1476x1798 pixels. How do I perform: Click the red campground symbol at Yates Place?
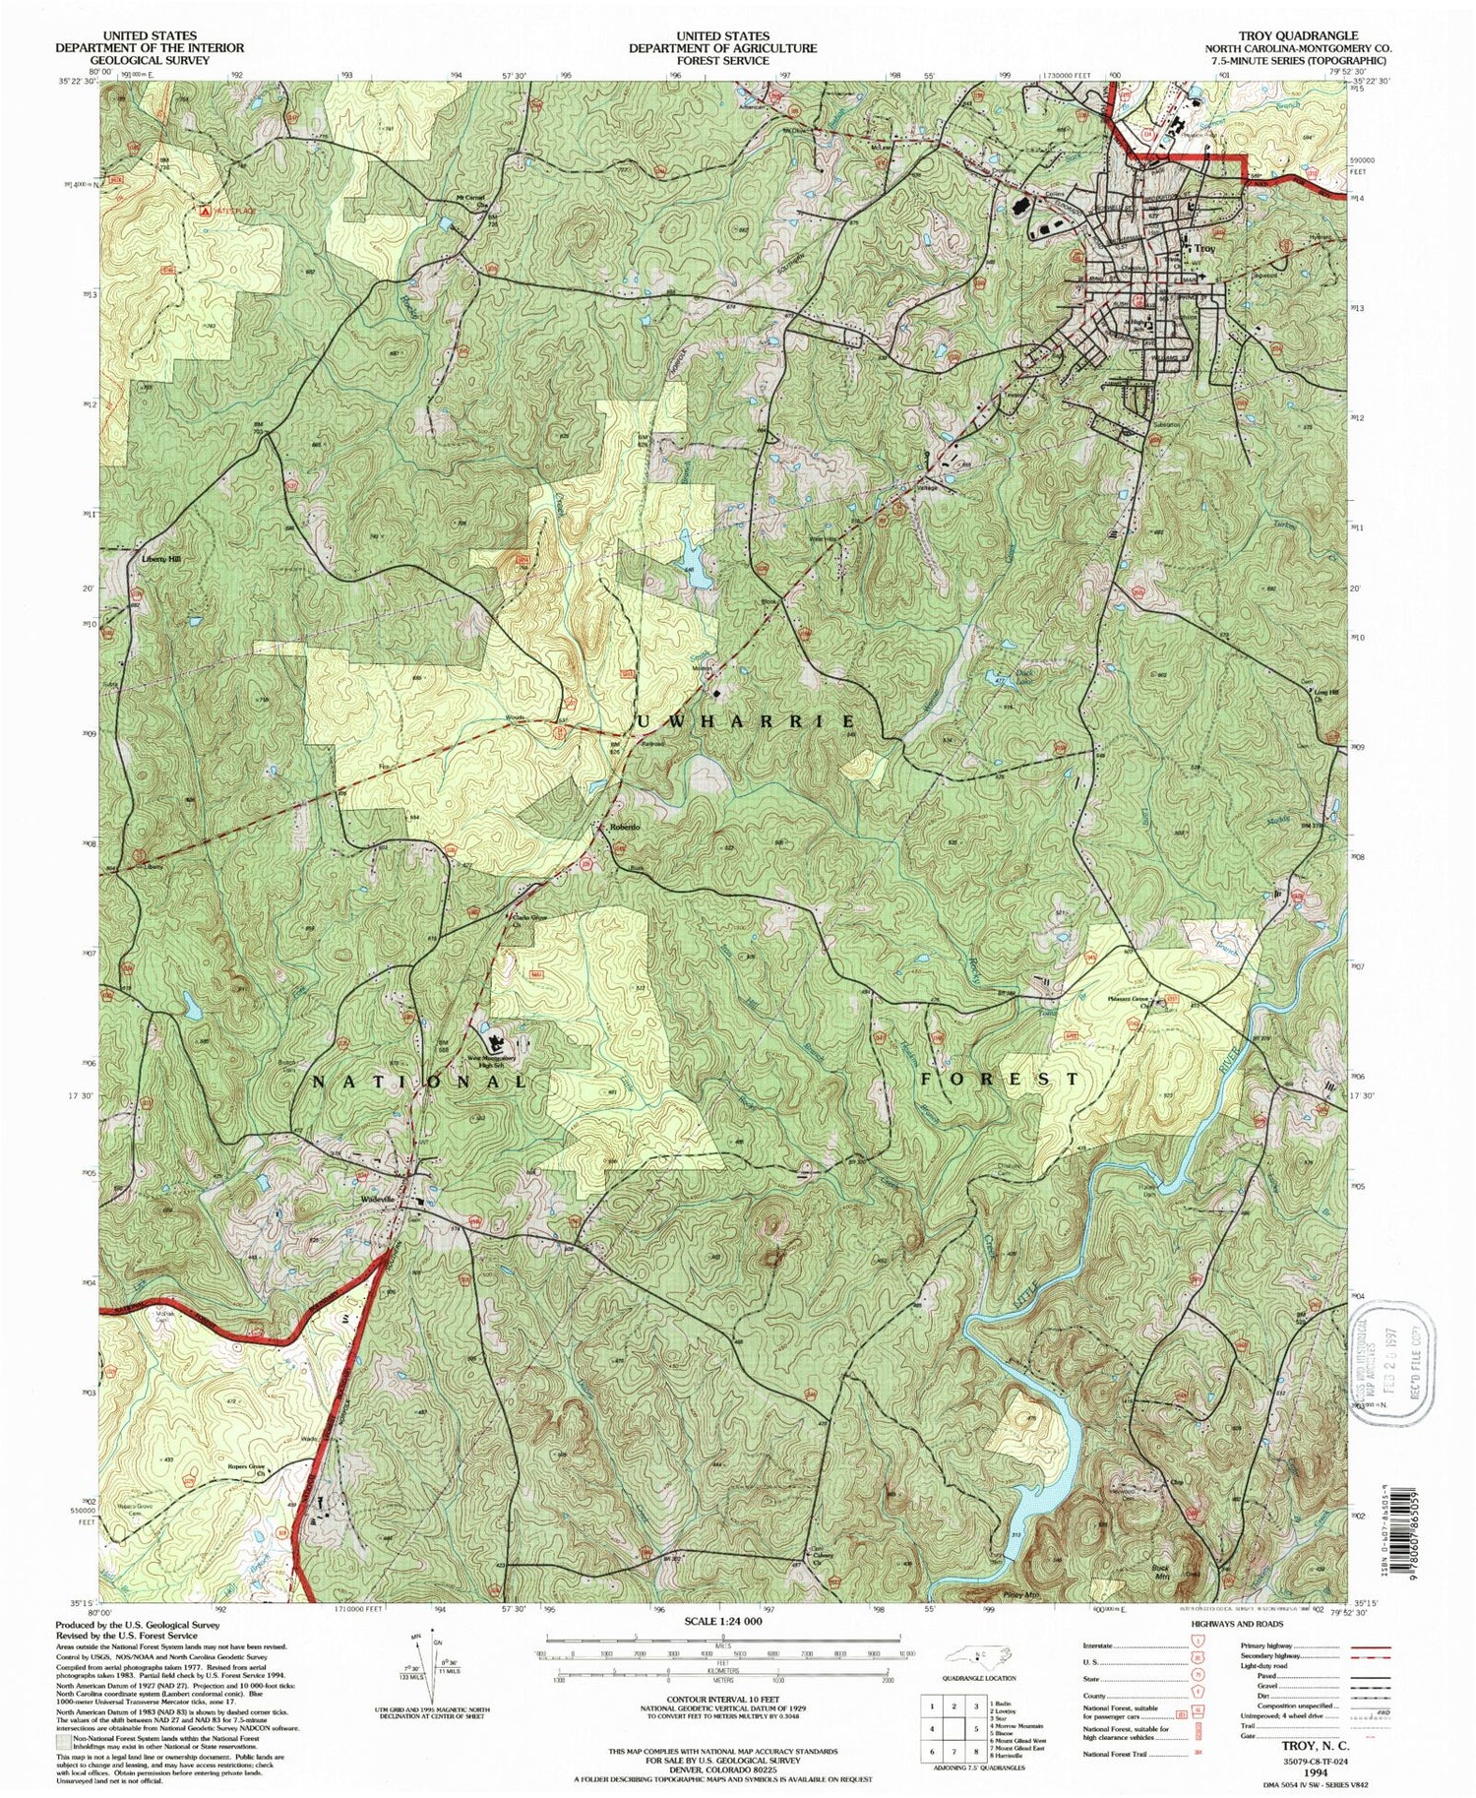(205, 211)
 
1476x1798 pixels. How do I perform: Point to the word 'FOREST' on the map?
(1000, 1080)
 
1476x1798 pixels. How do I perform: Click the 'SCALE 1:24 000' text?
(722, 1620)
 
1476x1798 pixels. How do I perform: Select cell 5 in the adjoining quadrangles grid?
(975, 1728)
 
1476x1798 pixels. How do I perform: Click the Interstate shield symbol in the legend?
(1197, 1645)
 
